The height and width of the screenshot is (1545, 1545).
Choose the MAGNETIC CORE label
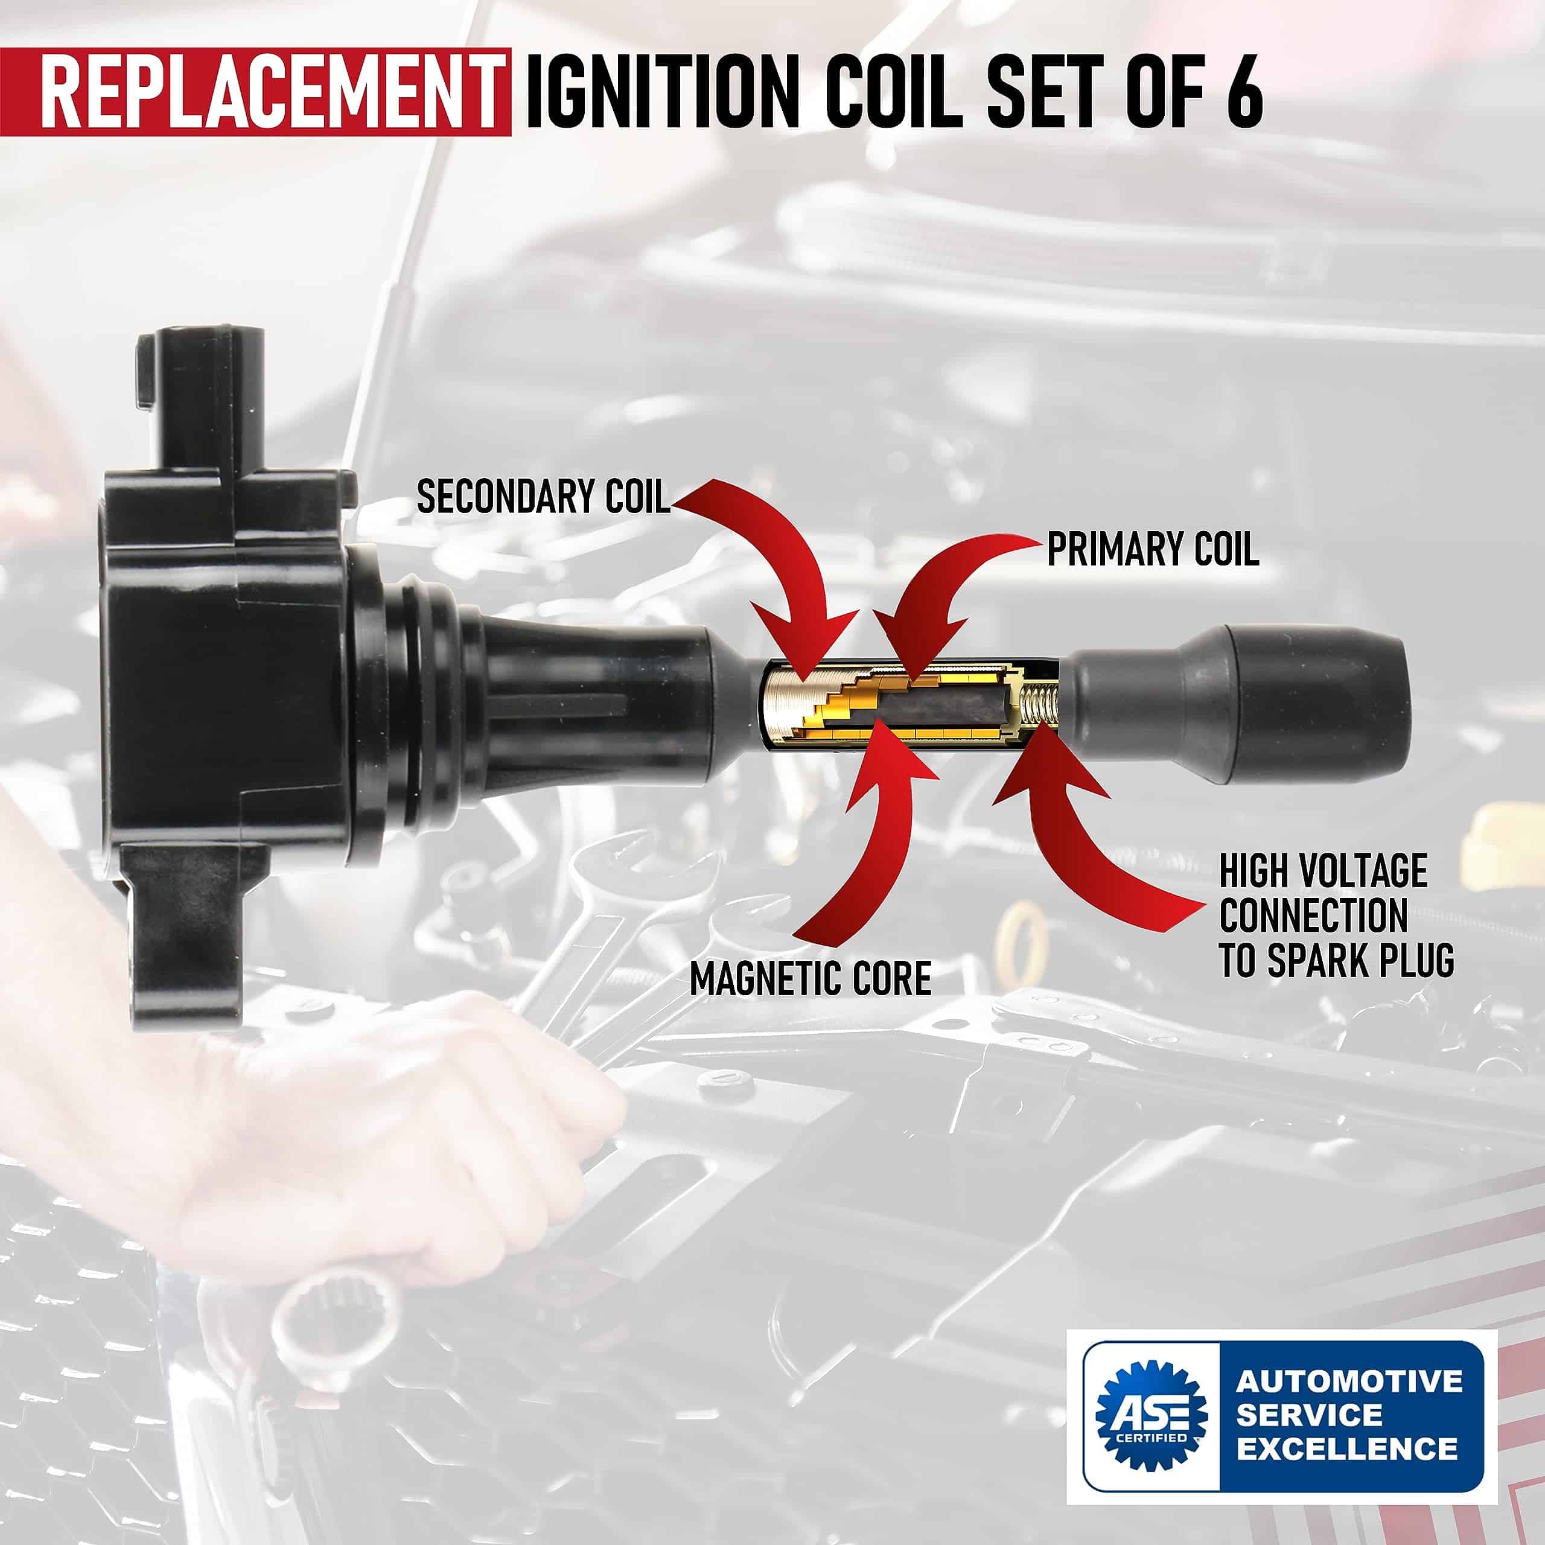tap(810, 978)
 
